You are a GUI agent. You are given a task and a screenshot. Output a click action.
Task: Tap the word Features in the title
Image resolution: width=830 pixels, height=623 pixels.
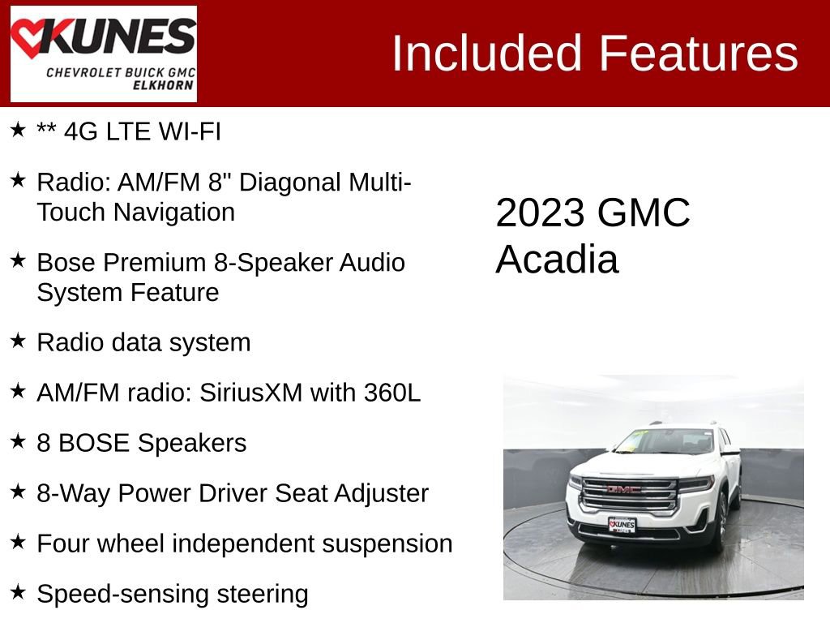click(699, 54)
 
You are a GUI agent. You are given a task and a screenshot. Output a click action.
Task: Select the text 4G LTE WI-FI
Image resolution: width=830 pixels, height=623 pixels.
click(143, 131)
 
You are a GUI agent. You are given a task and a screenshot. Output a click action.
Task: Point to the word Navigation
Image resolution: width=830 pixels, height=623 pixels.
click(173, 212)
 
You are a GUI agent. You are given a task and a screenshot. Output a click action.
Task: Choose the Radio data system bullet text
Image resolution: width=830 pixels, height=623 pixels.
click(143, 342)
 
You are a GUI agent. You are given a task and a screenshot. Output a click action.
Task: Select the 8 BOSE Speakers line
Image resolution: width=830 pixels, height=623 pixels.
click(142, 443)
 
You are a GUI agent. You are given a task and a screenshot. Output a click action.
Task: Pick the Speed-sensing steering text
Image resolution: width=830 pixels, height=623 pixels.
click(173, 594)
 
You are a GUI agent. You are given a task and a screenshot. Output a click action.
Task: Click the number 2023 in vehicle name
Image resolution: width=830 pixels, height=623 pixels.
click(540, 213)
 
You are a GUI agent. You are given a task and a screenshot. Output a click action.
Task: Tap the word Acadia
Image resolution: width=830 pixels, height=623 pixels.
click(557, 260)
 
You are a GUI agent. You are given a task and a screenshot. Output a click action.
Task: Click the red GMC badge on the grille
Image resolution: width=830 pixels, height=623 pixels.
click(623, 489)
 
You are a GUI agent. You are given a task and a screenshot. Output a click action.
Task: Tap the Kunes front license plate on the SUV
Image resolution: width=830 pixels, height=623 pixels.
click(622, 525)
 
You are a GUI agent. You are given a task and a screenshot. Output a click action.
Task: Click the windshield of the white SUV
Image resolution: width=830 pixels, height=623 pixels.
click(665, 442)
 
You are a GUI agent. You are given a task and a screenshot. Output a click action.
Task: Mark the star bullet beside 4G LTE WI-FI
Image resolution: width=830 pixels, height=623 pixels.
click(18, 129)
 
